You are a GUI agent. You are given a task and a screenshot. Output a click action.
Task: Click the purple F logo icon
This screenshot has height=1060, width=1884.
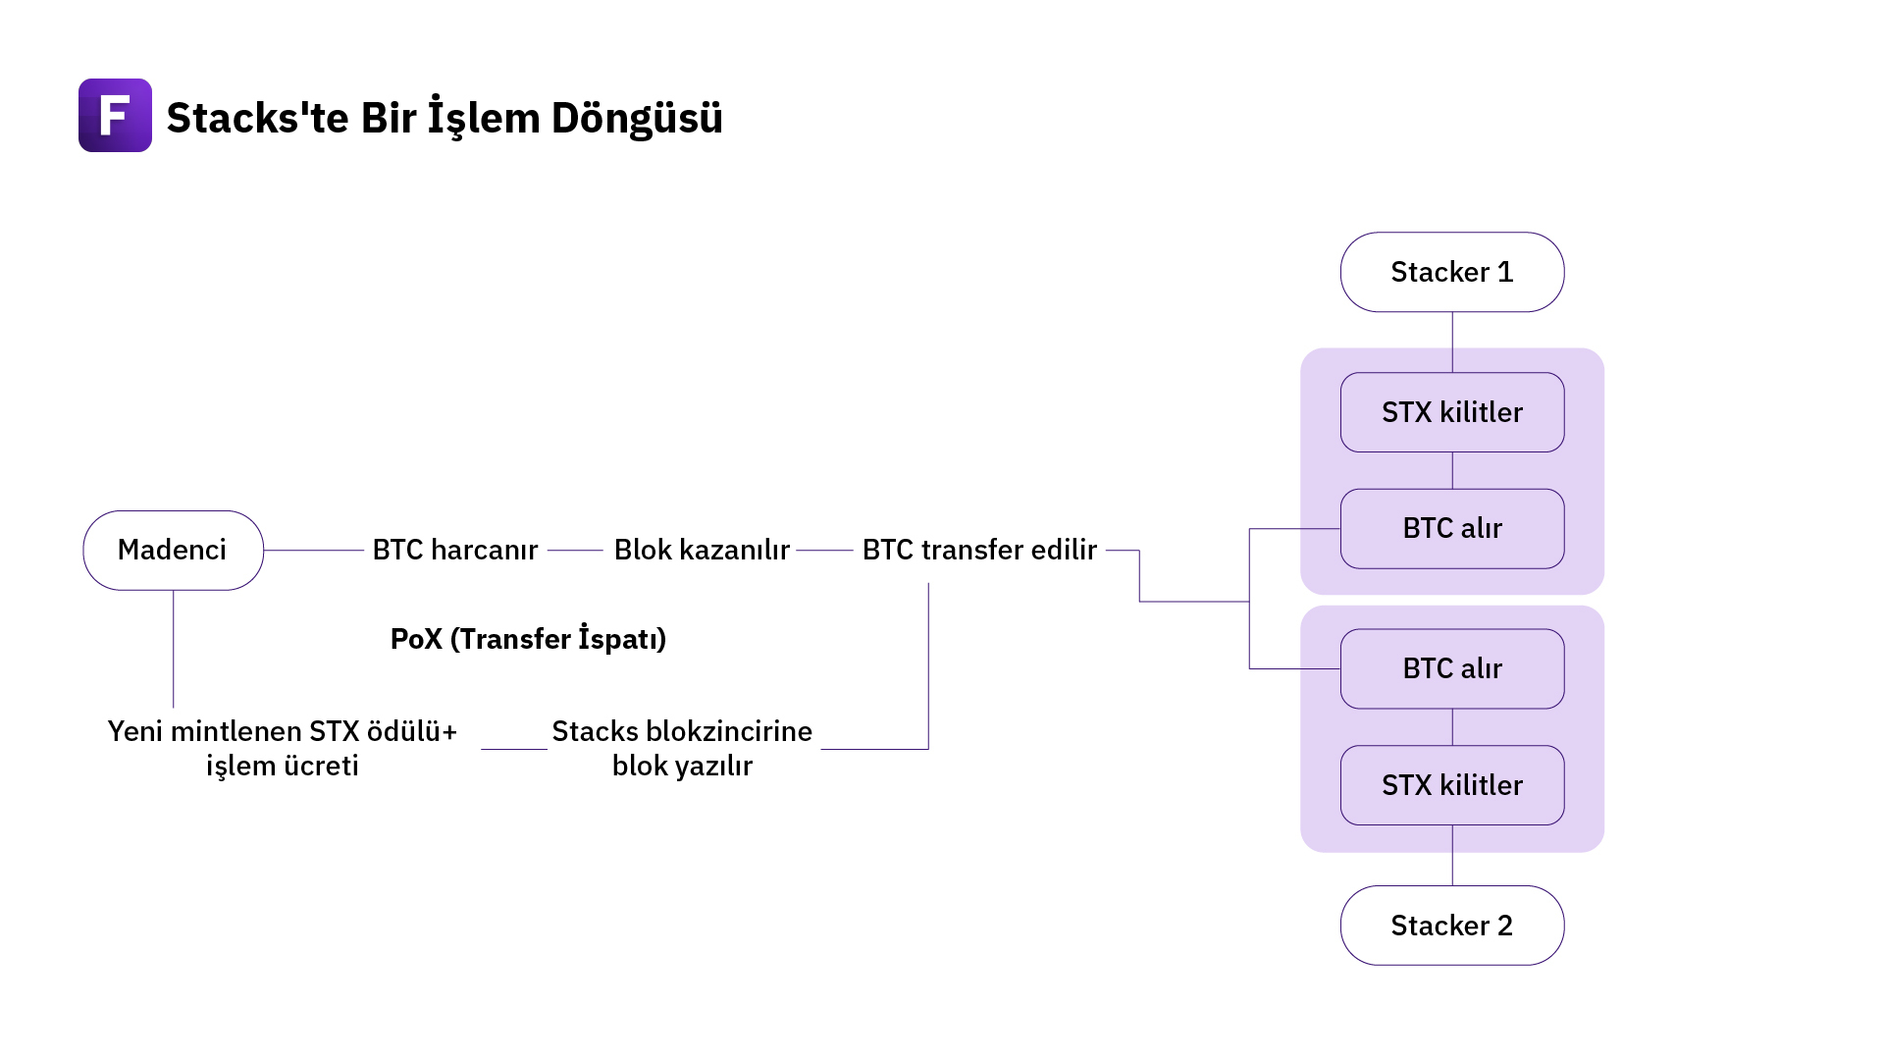tap(115, 115)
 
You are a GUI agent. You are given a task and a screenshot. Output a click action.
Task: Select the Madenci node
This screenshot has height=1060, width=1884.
tap(173, 550)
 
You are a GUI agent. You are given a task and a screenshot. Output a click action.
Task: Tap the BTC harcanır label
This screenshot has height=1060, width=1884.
tap(454, 550)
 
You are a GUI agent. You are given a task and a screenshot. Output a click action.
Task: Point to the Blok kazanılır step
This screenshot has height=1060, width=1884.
tap(702, 550)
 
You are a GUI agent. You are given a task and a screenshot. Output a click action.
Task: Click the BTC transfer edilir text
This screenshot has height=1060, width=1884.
tap(979, 550)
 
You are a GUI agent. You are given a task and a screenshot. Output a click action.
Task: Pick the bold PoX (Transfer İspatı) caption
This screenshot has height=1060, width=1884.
tap(528, 639)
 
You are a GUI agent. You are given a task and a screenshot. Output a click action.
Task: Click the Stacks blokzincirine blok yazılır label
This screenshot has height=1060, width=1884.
tap(682, 748)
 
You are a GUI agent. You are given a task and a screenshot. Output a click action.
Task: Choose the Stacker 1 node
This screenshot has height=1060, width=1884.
tap(1452, 272)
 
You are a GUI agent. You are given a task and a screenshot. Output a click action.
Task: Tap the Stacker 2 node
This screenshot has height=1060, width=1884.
tap(1452, 926)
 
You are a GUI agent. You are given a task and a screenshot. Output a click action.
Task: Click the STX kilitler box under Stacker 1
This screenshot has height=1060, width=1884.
tap(1452, 412)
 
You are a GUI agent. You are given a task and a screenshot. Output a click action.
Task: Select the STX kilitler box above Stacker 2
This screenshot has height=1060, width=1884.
tap(1452, 785)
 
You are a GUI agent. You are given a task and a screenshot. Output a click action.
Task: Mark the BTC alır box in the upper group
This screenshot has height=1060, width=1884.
tap(1452, 528)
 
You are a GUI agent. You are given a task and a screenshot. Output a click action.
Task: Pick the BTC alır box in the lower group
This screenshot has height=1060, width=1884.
tap(1452, 668)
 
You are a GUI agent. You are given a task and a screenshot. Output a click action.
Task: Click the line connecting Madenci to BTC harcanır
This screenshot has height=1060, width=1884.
tap(313, 551)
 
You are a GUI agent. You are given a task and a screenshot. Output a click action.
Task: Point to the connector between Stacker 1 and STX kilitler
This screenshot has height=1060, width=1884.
tap(1452, 342)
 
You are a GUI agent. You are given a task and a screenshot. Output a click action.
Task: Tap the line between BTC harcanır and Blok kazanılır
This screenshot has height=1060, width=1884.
tap(575, 551)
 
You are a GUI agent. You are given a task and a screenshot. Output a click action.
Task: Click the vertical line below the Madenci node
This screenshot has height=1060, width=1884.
tap(174, 648)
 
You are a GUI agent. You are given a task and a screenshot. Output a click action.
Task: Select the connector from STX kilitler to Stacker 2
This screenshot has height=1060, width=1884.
tap(1452, 856)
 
